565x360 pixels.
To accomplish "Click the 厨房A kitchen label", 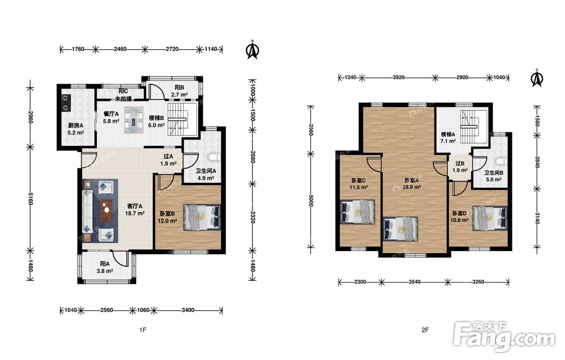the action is click(x=76, y=129).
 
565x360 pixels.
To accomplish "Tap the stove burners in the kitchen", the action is click(x=66, y=102).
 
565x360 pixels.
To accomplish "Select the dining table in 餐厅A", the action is click(x=134, y=120).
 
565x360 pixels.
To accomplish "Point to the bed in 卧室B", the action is click(x=202, y=217).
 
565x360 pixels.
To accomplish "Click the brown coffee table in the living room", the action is click(x=106, y=210).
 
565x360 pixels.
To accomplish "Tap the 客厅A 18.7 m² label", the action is click(x=135, y=210).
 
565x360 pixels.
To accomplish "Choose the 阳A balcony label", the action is click(x=105, y=267).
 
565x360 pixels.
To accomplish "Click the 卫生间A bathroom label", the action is click(x=206, y=175).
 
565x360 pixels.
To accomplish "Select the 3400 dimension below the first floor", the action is click(x=188, y=310).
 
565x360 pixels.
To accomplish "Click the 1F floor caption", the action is click(x=143, y=329).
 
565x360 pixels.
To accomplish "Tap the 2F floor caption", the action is click(x=425, y=329).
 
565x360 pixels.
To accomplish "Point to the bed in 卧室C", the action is click(x=358, y=212).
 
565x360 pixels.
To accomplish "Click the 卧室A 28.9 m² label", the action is click(x=411, y=184).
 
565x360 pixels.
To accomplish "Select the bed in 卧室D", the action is click(x=490, y=218).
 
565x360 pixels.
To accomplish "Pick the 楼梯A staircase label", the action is click(x=448, y=138).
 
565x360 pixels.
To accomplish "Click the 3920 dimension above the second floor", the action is click(x=398, y=77).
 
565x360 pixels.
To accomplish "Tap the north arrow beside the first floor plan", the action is click(x=253, y=50).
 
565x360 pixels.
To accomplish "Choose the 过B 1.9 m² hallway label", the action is click(x=460, y=167).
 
